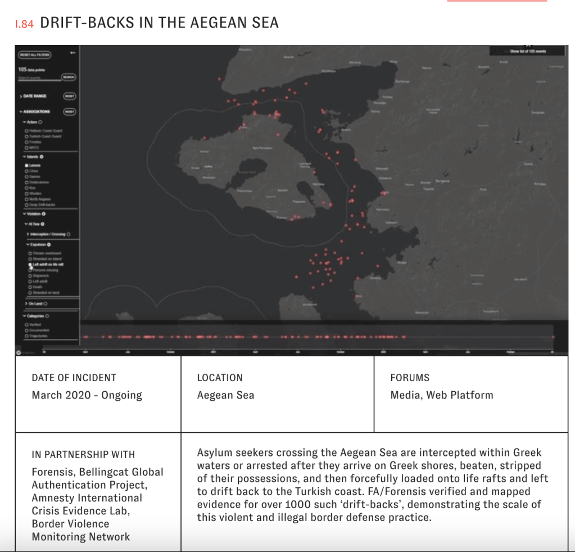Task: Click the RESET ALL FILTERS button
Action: pyautogui.click(x=35, y=55)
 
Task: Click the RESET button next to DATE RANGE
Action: pyautogui.click(x=70, y=96)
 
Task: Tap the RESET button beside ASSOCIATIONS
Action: pyautogui.click(x=70, y=111)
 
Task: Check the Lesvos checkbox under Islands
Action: pyautogui.click(x=26, y=166)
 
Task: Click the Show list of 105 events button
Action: pyautogui.click(x=527, y=51)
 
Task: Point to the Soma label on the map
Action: pyautogui.click(x=528, y=164)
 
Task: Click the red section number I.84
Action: pyautogui.click(x=25, y=24)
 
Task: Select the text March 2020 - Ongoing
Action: pyautogui.click(x=87, y=395)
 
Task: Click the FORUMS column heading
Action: pyautogui.click(x=410, y=378)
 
